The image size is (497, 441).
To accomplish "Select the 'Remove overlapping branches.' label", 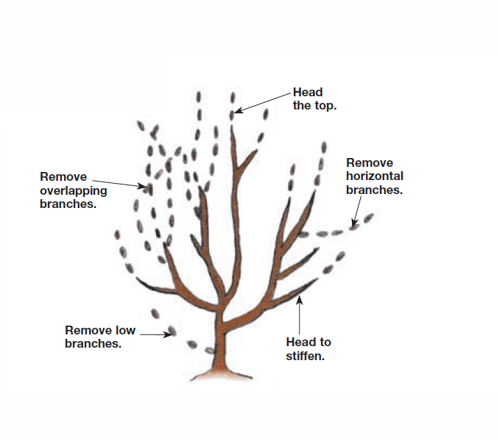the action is (x=73, y=190).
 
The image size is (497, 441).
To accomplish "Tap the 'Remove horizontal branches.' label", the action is (x=375, y=176).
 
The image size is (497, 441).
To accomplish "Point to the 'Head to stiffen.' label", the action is (x=308, y=349).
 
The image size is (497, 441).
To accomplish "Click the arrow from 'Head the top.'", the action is (x=263, y=102).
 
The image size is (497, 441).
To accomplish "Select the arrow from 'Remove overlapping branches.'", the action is (x=119, y=182).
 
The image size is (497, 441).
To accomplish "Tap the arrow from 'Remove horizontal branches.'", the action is (x=359, y=211).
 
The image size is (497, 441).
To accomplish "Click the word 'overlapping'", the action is (x=73, y=190).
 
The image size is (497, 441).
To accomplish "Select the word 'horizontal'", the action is (x=375, y=176).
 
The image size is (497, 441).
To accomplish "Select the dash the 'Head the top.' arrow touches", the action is (x=232, y=114).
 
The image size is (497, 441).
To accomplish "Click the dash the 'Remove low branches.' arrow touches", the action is (x=172, y=331).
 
